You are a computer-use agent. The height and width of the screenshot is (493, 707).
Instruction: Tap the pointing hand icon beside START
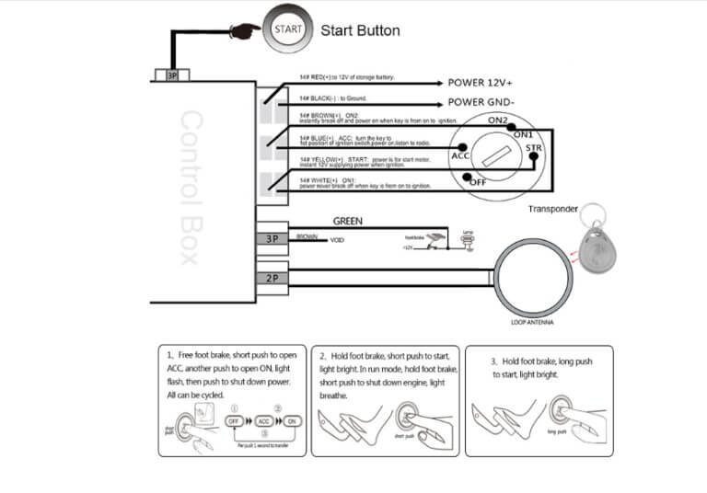pyautogui.click(x=246, y=30)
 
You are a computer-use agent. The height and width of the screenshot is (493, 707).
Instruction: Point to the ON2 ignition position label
pyautogui.click(x=498, y=120)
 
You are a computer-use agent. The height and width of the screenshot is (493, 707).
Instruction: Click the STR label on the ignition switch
pyautogui.click(x=533, y=147)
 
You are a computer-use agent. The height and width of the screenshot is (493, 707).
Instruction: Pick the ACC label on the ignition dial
pyautogui.click(x=460, y=156)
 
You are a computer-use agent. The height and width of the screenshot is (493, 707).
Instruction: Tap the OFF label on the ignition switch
pyautogui.click(x=479, y=181)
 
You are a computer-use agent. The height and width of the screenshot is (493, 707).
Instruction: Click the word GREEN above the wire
pyautogui.click(x=347, y=222)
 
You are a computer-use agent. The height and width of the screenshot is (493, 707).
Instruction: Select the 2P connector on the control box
pyautogui.click(x=272, y=277)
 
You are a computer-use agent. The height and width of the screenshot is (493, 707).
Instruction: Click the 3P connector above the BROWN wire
pyautogui.click(x=272, y=239)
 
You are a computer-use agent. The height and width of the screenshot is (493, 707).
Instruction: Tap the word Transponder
pyautogui.click(x=553, y=209)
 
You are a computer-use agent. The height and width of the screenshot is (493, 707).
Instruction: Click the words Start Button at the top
pyautogui.click(x=360, y=30)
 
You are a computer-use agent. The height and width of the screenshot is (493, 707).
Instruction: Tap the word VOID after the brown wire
pyautogui.click(x=337, y=239)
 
